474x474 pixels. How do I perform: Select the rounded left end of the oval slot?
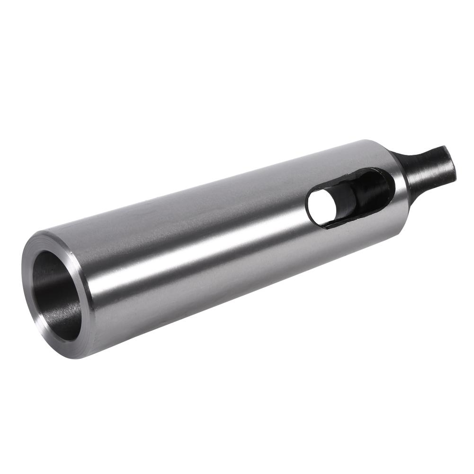[309, 208]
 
